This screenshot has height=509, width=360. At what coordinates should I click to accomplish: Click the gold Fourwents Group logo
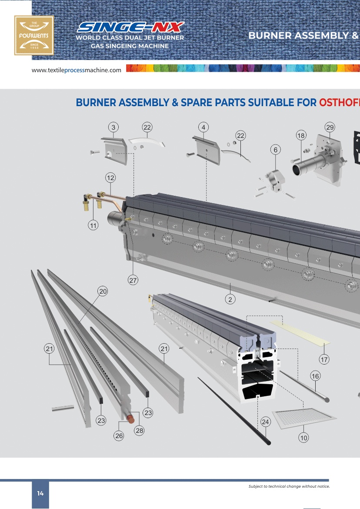tap(34, 36)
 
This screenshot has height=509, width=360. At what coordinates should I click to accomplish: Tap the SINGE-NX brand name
tap(130, 27)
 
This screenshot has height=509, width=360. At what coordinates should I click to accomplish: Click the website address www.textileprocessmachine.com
tap(77, 70)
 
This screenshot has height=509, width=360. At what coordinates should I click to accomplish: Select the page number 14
tap(40, 493)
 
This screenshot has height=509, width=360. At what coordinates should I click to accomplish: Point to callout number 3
tap(113, 127)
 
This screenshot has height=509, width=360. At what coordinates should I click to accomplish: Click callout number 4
tap(203, 127)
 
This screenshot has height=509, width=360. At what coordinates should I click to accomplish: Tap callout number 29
tap(330, 127)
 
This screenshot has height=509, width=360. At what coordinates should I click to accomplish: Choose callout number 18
tap(301, 135)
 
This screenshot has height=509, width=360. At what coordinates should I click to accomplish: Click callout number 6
tap(275, 150)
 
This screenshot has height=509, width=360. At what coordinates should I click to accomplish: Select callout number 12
tap(110, 177)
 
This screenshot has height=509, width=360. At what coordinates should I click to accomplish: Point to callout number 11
tap(93, 225)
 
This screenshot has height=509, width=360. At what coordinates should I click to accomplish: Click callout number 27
tap(133, 281)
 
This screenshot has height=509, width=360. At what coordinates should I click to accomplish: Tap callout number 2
tap(231, 299)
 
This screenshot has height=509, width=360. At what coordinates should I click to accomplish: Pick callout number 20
tap(103, 291)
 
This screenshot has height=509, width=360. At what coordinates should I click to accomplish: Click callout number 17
tap(324, 359)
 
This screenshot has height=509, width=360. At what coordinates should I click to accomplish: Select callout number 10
tap(303, 438)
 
